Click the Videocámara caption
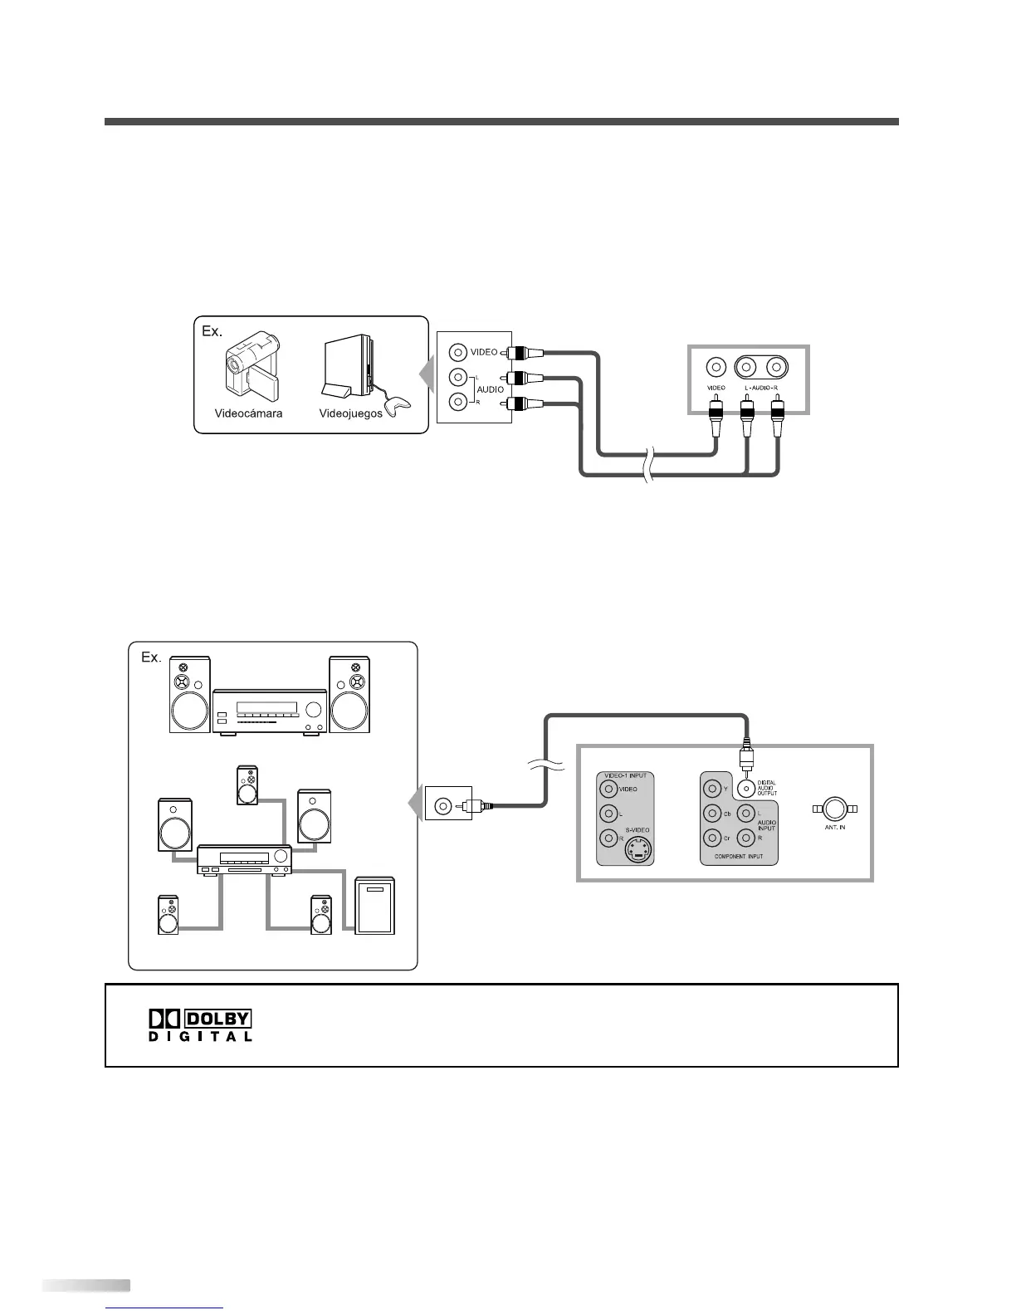[x=248, y=413]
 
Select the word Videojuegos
[x=350, y=413]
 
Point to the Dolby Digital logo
[x=199, y=1025]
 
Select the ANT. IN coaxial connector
[x=835, y=809]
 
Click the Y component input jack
[x=712, y=788]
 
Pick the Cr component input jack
[x=712, y=838]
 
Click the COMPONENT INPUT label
[x=738, y=856]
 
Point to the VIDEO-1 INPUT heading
[x=625, y=775]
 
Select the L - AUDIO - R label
[x=760, y=388]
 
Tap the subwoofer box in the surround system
[x=374, y=906]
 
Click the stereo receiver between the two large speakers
[x=270, y=711]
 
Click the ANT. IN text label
[x=835, y=828]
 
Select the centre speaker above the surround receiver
[x=247, y=785]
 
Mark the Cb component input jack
[x=712, y=814]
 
